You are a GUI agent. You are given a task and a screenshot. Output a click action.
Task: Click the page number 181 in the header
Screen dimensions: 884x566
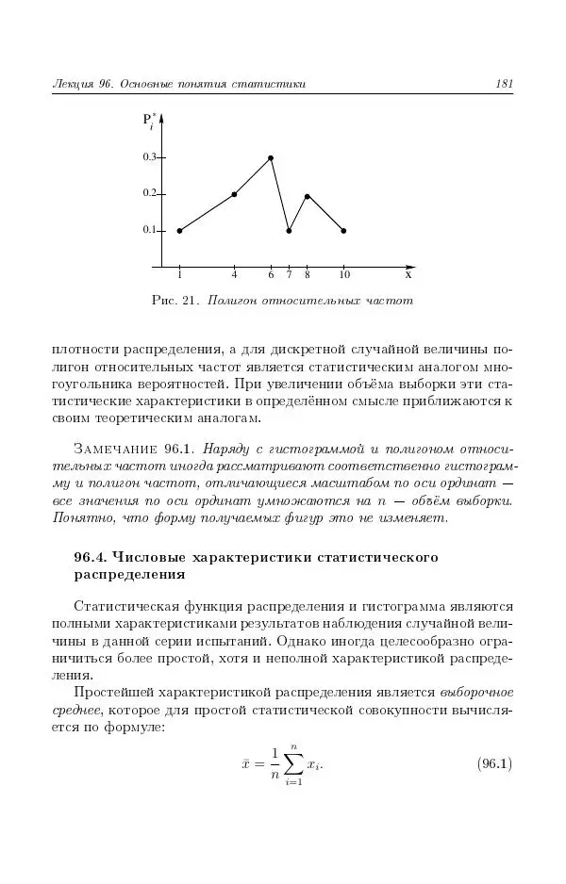(x=504, y=85)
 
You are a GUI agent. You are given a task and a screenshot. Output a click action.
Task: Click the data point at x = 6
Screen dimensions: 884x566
(x=271, y=158)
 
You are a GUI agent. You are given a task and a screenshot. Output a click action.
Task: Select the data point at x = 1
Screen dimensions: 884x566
(x=179, y=231)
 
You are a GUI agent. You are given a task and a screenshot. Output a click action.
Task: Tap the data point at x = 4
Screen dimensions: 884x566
(x=234, y=194)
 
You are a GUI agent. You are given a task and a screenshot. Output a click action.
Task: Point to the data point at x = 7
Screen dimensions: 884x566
(x=289, y=231)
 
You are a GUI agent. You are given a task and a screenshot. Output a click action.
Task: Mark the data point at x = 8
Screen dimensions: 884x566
(x=308, y=196)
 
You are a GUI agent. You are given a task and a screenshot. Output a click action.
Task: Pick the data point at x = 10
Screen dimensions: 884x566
(x=343, y=231)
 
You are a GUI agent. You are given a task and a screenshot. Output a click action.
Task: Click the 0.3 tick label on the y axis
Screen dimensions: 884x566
(x=149, y=157)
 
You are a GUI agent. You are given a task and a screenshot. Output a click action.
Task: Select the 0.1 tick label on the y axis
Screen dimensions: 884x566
(x=149, y=230)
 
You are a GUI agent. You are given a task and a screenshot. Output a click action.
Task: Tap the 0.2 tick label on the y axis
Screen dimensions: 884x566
(x=149, y=193)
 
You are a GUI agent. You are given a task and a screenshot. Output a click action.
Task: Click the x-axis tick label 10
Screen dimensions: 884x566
(x=344, y=275)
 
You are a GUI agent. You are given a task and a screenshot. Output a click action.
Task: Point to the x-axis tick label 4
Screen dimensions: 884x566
(x=234, y=275)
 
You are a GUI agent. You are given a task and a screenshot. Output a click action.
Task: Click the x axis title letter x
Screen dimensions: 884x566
(x=408, y=275)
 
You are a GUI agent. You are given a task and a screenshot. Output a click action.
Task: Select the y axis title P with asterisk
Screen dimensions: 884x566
(x=149, y=120)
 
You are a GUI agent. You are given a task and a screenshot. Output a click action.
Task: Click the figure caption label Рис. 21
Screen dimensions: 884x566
(x=173, y=302)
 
